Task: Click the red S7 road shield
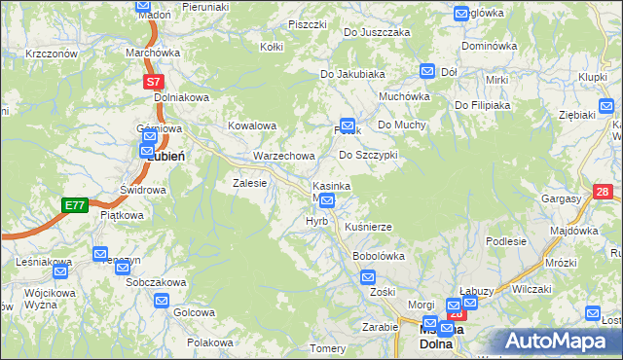(154, 84)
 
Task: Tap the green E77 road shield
(74, 205)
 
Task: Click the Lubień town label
(166, 156)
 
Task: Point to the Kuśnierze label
(369, 227)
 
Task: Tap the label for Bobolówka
(378, 256)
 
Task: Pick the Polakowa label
(211, 342)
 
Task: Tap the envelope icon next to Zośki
(367, 277)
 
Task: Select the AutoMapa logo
(560, 342)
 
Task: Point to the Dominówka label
(489, 46)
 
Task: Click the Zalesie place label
(249, 182)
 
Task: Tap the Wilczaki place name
(531, 288)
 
